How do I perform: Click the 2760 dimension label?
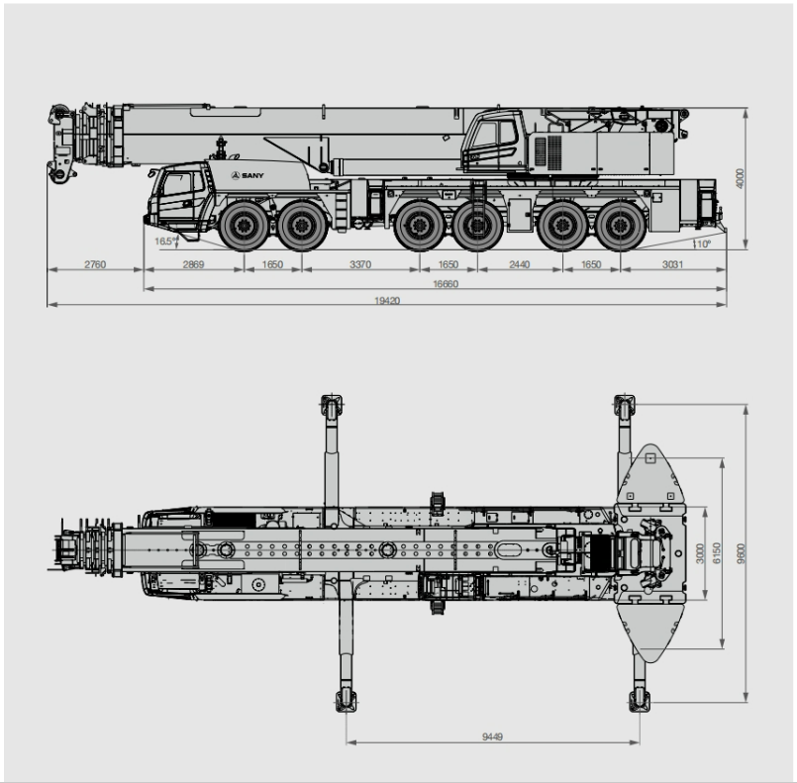pyautogui.click(x=95, y=264)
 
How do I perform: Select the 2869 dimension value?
pyautogui.click(x=193, y=264)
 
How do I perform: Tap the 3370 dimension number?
pyautogui.click(x=360, y=264)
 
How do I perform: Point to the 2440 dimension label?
pyautogui.click(x=520, y=264)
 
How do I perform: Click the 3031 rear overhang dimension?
pyautogui.click(x=672, y=264)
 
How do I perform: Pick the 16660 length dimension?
pyautogui.click(x=446, y=283)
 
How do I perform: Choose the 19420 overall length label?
pyautogui.click(x=387, y=300)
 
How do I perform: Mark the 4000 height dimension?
pyautogui.click(x=741, y=178)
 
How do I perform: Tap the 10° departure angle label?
pyautogui.click(x=703, y=245)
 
